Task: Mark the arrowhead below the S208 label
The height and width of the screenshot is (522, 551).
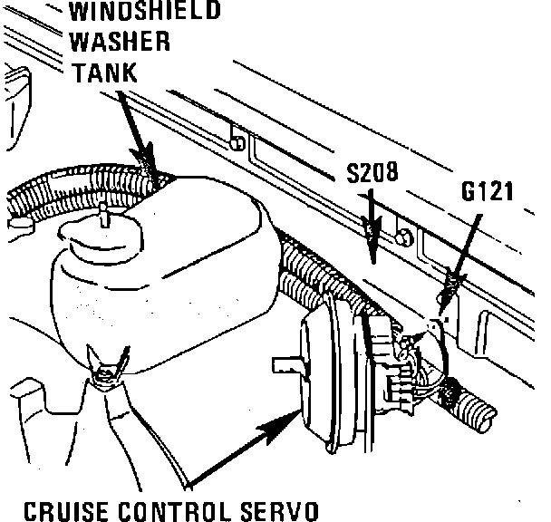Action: (x=370, y=246)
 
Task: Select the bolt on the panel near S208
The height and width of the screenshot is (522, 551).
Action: (x=403, y=238)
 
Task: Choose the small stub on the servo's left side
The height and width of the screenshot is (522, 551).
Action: (x=288, y=364)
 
